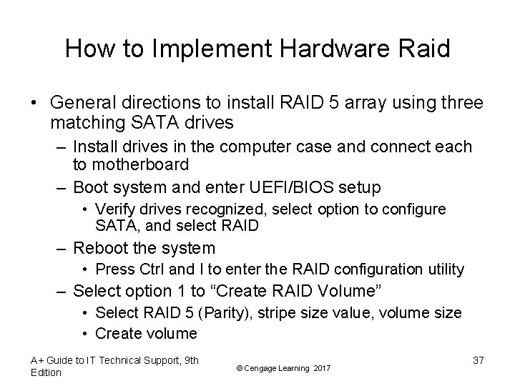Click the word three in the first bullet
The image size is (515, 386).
(461, 104)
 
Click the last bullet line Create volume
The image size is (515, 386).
(146, 333)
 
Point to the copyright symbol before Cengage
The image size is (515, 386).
(237, 367)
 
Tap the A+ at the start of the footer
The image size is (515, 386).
(37, 360)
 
